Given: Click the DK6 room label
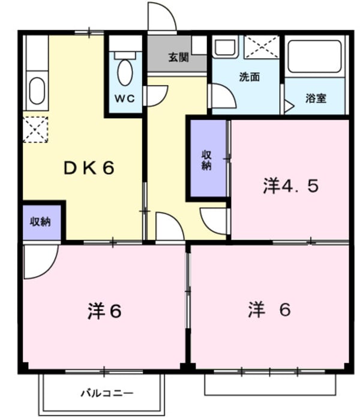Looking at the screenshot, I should point(89,169).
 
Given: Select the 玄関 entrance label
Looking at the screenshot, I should point(178,58).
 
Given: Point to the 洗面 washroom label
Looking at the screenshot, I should point(249,77).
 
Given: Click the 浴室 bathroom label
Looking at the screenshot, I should point(316,98).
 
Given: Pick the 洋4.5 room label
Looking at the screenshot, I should point(290,186).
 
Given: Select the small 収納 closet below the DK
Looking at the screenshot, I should point(41,221).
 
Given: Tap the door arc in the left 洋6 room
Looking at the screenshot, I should point(41,261).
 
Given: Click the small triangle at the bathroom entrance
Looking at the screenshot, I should point(289,107).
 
